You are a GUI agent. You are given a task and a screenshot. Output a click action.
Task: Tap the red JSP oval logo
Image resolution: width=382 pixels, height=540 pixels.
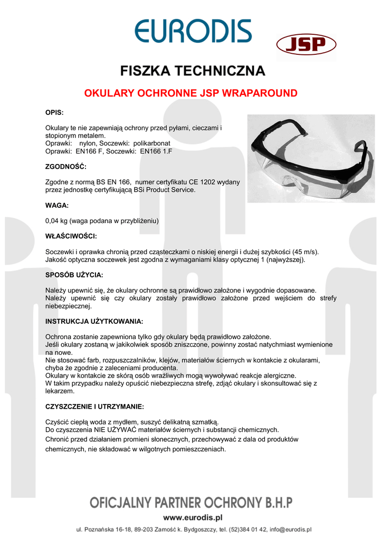pyautogui.click(x=306, y=45)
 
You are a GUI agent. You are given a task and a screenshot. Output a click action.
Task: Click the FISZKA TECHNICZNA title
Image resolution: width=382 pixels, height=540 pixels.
pyautogui.click(x=193, y=70)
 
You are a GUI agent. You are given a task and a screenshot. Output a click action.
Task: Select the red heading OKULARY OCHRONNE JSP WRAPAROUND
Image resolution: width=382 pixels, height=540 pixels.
pyautogui.click(x=191, y=93)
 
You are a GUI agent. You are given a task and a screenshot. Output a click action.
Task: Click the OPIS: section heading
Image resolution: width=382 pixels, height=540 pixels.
pyautogui.click(x=54, y=113)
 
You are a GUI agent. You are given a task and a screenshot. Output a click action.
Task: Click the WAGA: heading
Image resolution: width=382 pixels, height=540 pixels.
pyautogui.click(x=57, y=205)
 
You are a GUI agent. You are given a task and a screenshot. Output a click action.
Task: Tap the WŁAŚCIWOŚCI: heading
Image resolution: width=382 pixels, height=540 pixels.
pyautogui.click(x=71, y=236)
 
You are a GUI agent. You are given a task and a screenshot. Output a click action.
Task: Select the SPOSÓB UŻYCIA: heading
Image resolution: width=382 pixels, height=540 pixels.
pyautogui.click(x=74, y=275)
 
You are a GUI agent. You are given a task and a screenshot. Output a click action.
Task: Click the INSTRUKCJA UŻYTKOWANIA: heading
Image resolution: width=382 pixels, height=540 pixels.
pyautogui.click(x=94, y=321)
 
